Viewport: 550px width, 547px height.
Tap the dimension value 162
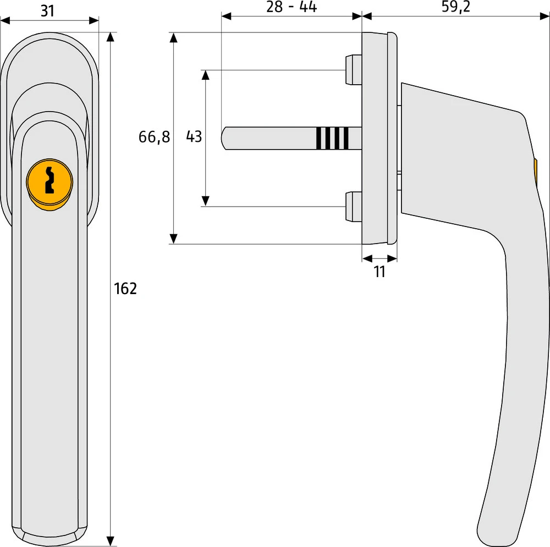coord(125,288)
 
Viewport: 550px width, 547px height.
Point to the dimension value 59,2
coord(456,7)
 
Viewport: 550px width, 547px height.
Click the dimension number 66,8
coord(154,137)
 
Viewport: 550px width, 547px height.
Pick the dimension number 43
coord(194,137)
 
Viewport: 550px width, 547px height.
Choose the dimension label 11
coord(380,272)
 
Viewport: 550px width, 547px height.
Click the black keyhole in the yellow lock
coord(50,179)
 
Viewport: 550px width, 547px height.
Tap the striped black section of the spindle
coord(333,138)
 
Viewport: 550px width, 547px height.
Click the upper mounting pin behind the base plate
coord(353,69)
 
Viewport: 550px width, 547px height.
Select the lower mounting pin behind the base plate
coord(353,207)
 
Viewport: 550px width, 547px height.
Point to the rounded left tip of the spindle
coord(224,138)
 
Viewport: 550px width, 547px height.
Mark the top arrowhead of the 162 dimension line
coord(111,37)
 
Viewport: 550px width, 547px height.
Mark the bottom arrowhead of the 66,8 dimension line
coord(173,239)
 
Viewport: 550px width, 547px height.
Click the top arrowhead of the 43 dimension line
coord(206,75)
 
